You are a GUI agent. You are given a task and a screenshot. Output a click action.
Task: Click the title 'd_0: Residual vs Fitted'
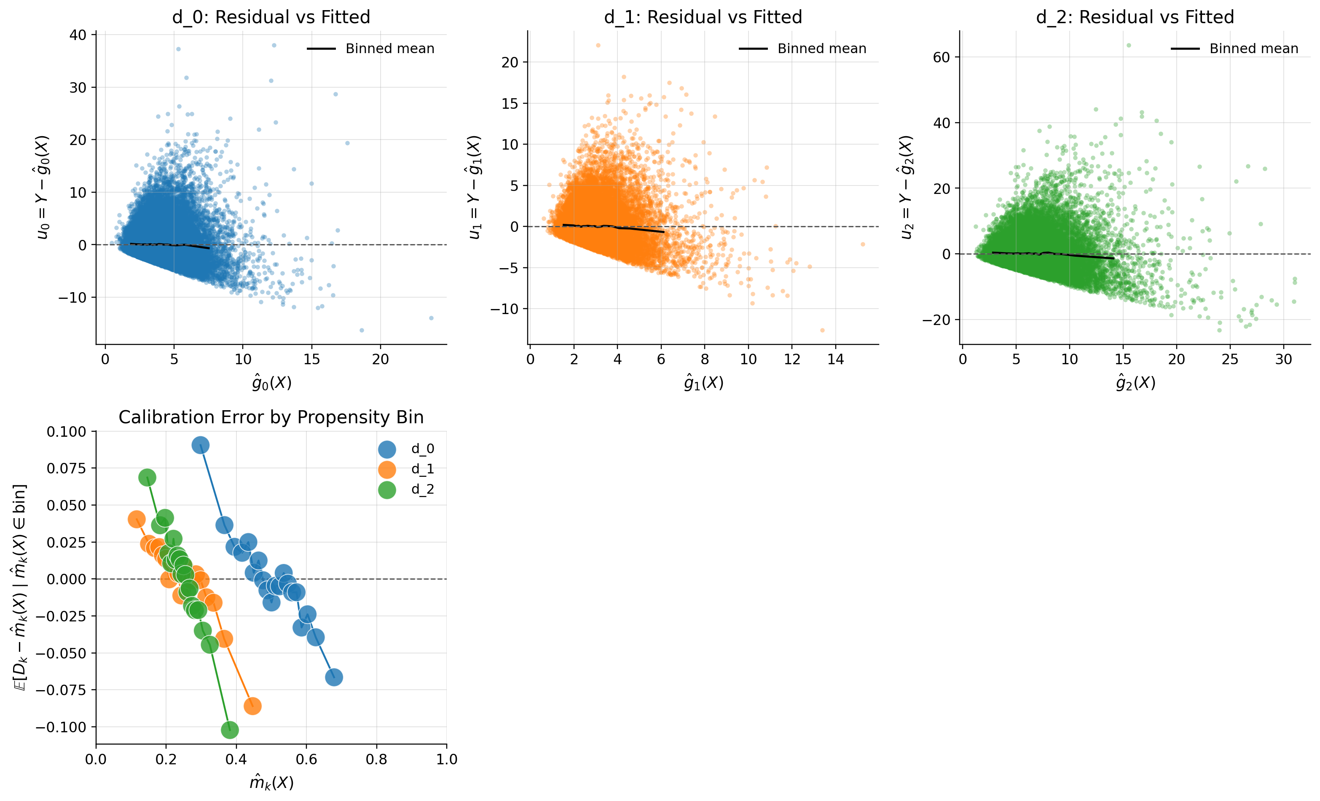click(x=271, y=17)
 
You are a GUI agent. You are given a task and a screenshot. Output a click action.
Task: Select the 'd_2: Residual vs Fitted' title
click(x=1135, y=17)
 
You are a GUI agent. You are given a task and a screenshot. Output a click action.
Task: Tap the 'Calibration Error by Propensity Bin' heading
click(x=271, y=417)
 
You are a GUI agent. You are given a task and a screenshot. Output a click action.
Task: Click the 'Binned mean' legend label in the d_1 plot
click(x=822, y=49)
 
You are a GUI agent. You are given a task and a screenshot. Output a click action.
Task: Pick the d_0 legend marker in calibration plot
click(x=387, y=449)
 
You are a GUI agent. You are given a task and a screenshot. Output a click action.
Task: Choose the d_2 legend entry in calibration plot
click(x=423, y=489)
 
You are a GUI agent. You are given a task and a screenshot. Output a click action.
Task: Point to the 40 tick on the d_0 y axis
click(x=78, y=35)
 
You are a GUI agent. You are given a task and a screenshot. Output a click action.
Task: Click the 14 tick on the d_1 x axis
click(x=835, y=360)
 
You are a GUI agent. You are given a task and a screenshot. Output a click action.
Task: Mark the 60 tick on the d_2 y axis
click(x=941, y=57)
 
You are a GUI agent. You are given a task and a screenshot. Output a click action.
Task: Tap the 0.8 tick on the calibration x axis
click(x=376, y=760)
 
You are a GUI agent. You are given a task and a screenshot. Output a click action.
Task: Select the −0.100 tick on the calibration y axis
click(x=61, y=727)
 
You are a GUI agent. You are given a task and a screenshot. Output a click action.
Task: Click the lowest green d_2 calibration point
click(x=229, y=730)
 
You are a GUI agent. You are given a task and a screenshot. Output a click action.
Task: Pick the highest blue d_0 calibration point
click(x=200, y=445)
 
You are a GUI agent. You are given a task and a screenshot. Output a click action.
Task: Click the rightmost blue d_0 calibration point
click(x=334, y=677)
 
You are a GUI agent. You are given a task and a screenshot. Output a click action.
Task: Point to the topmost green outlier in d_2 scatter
click(x=1128, y=46)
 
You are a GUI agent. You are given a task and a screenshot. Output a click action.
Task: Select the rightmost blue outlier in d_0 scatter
click(x=431, y=318)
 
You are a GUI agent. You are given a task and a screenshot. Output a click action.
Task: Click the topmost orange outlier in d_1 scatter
click(x=598, y=46)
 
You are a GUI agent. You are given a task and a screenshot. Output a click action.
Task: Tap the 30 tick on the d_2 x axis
click(x=1283, y=360)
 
